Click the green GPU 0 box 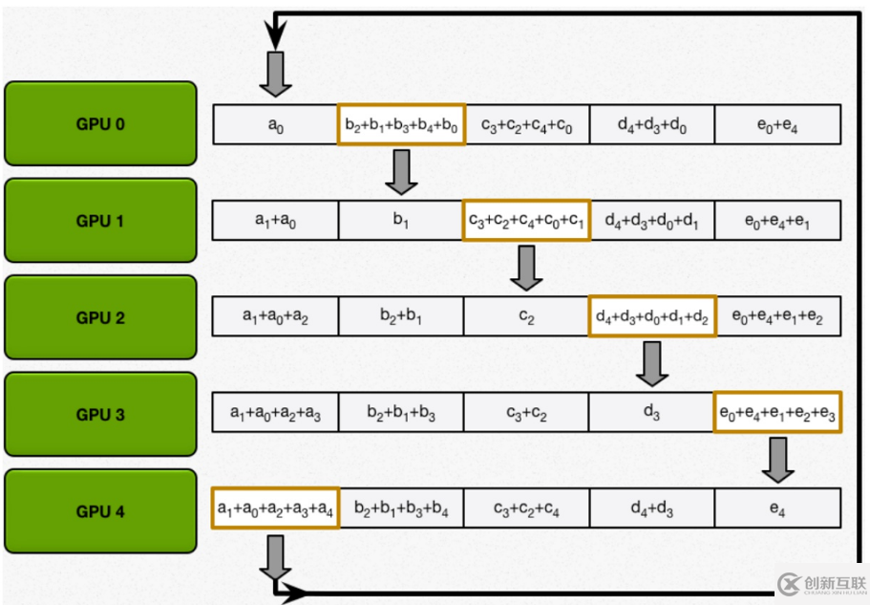click(100, 123)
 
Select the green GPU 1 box click(100, 221)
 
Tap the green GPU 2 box click(100, 317)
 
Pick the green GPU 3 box click(100, 415)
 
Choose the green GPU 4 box click(100, 511)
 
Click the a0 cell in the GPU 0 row click(275, 124)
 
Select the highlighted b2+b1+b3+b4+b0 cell click(401, 124)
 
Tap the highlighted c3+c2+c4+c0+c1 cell click(526, 220)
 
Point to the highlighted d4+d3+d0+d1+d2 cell click(652, 316)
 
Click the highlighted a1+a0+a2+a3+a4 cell click(275, 508)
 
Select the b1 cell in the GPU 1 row click(401, 220)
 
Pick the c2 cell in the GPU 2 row click(526, 316)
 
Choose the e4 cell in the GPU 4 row click(777, 508)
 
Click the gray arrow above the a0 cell click(275, 75)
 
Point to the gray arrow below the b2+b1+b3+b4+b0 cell click(401, 172)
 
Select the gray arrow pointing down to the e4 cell click(777, 461)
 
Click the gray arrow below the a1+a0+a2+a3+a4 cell click(275, 556)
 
